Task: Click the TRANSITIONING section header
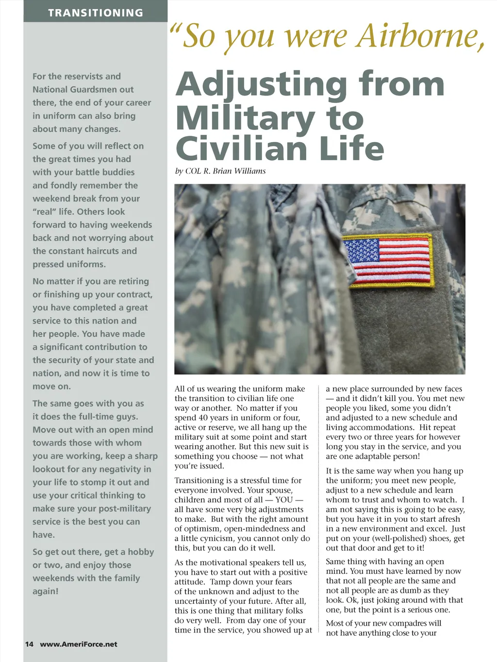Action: [96, 13]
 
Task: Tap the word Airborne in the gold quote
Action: [420, 36]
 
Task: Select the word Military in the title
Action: [245, 118]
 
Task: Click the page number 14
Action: [29, 644]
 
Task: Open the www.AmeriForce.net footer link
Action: [79, 644]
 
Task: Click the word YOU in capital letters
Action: [284, 500]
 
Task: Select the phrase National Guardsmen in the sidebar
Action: [83, 90]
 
